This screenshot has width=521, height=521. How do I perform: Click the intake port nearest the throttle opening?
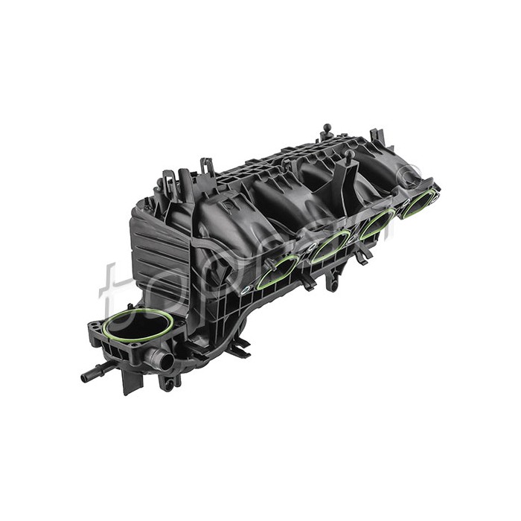pos(278,272)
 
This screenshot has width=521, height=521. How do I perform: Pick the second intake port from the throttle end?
pos(330,246)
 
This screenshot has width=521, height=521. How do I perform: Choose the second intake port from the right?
pos(377,223)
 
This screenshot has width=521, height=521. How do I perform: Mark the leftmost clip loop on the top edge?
pos(170,180)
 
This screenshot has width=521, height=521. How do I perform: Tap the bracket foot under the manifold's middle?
pos(239,347)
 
